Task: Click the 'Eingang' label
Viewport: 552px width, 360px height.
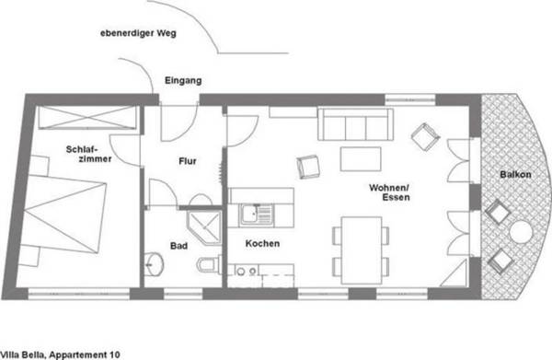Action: (x=182, y=81)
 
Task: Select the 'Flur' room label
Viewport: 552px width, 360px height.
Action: (x=188, y=162)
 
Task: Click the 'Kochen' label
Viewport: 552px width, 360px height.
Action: (x=261, y=243)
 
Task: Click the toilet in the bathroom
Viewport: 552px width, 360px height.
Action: (x=207, y=265)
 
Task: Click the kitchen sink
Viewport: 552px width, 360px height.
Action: (x=253, y=215)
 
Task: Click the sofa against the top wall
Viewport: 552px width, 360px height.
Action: (x=354, y=124)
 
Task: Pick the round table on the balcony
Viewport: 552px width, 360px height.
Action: (x=521, y=232)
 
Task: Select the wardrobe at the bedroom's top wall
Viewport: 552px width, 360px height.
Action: (x=88, y=118)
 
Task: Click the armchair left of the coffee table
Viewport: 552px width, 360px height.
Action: (x=307, y=167)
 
